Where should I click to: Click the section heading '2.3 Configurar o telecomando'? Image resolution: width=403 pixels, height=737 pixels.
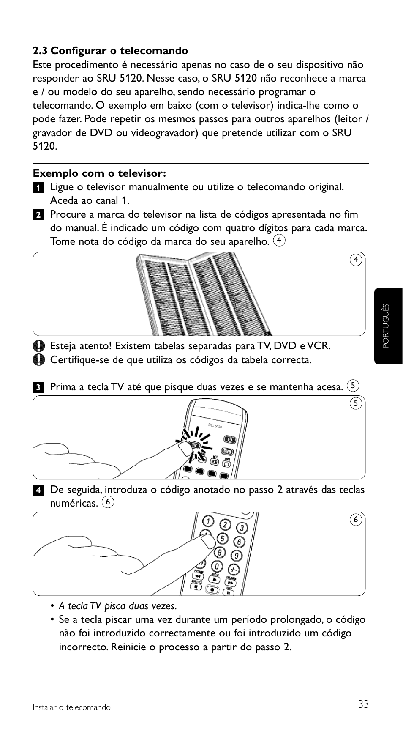point(110,51)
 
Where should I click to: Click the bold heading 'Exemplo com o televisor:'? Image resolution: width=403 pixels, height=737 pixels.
point(99,173)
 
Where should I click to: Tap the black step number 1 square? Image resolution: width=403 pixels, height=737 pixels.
point(38,188)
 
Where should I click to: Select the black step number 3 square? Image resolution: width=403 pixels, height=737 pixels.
point(38,387)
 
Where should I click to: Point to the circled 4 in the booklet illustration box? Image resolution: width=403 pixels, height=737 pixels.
point(356,260)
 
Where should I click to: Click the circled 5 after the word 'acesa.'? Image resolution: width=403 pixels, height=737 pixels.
point(353,386)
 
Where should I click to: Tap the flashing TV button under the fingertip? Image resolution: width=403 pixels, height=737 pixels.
point(195,445)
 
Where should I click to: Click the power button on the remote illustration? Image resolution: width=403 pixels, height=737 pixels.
point(230,439)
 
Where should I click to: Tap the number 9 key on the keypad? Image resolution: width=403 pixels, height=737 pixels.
point(237,555)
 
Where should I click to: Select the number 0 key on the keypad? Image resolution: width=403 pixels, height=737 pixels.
point(217,566)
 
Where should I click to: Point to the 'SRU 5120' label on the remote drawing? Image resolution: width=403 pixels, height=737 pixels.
point(215,426)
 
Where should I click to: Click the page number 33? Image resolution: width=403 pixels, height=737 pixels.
point(363,704)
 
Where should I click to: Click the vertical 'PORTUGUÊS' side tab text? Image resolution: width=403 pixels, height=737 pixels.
point(385,326)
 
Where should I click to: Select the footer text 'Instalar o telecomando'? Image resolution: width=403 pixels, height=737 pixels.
point(72,707)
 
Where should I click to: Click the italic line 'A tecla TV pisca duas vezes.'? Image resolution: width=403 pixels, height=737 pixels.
point(117,606)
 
